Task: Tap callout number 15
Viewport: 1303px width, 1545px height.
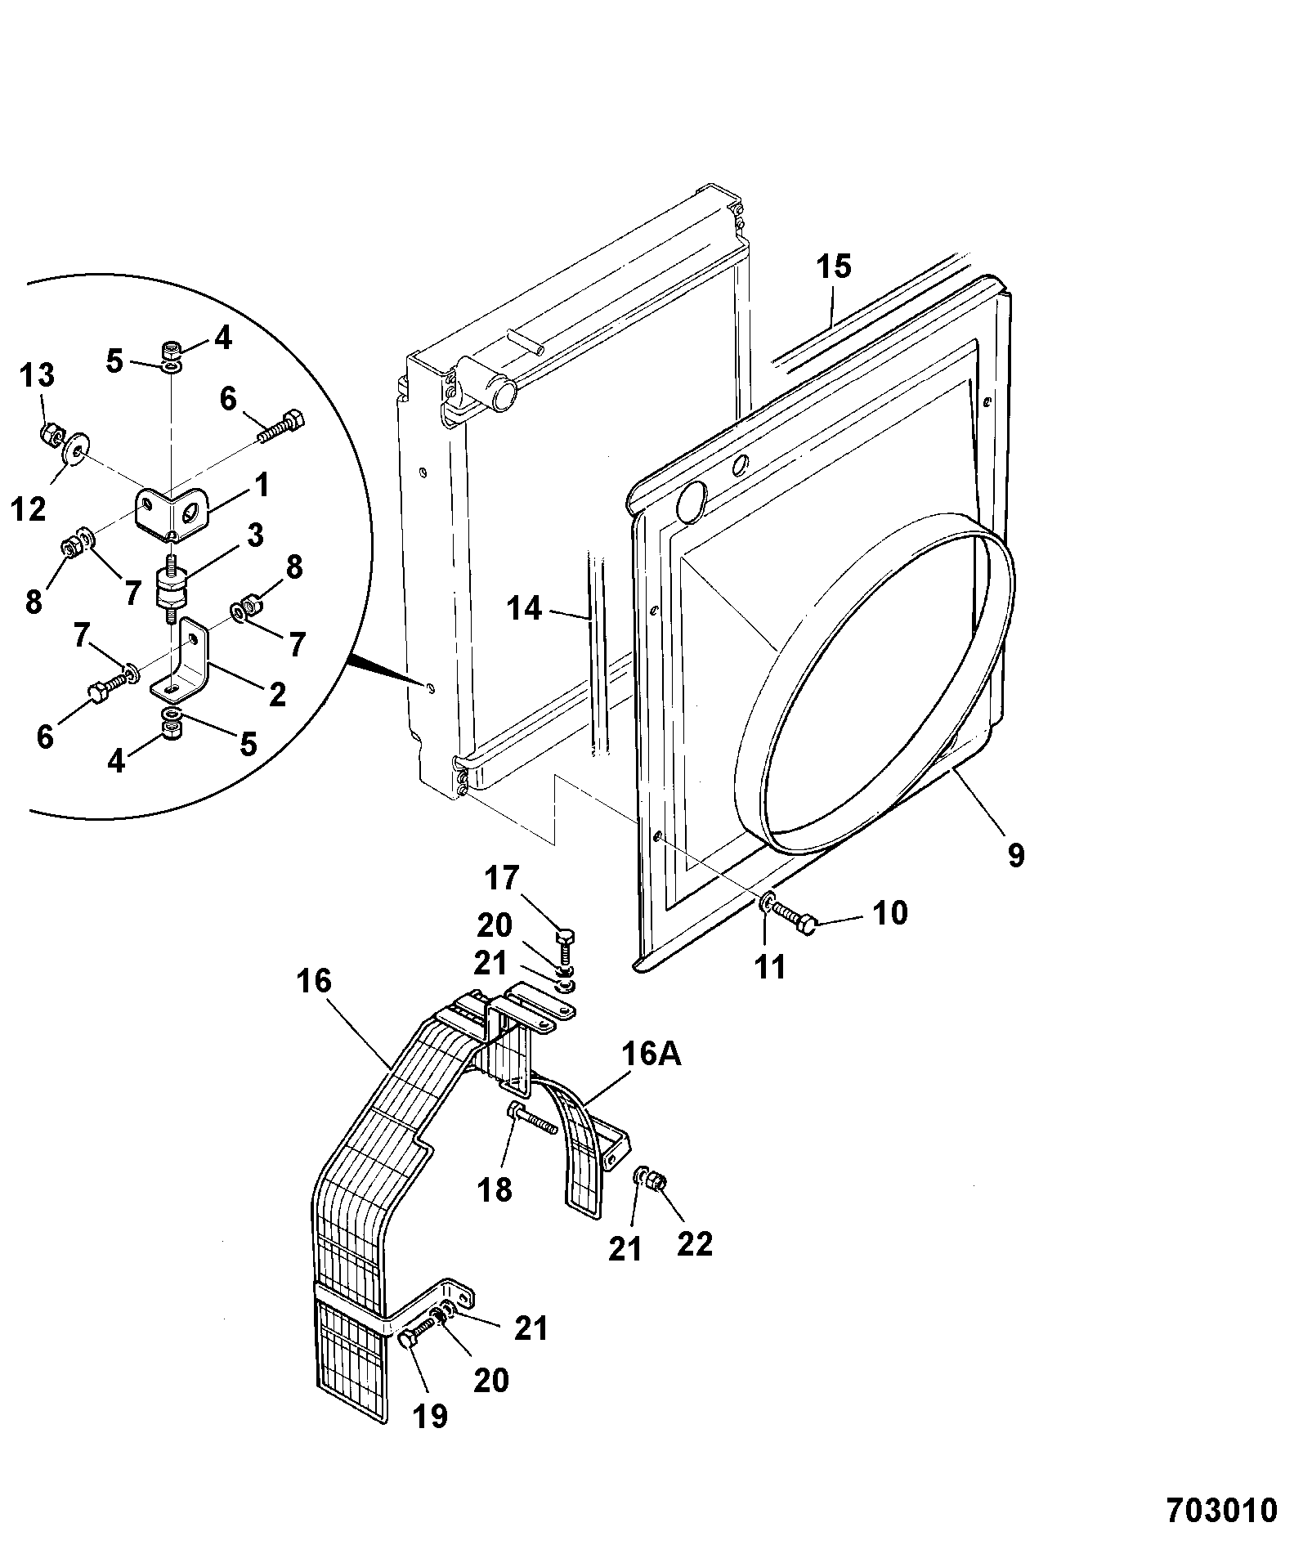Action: point(833,266)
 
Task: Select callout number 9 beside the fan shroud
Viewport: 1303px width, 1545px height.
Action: point(1015,856)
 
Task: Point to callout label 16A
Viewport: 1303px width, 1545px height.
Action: point(652,1055)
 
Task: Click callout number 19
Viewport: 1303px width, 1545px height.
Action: point(431,1415)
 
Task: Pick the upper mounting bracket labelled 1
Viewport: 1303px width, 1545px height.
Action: point(172,513)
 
